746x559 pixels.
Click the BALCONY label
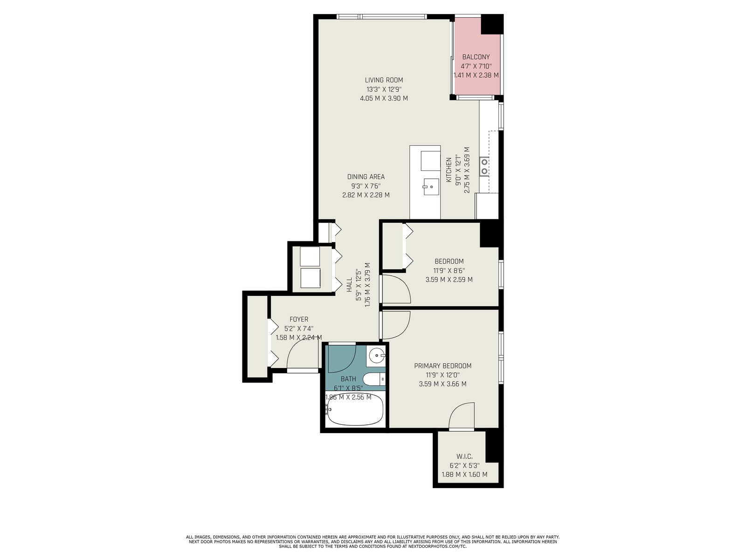click(x=476, y=57)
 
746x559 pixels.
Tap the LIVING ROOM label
click(x=384, y=80)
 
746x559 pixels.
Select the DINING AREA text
click(x=366, y=177)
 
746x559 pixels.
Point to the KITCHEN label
click(x=449, y=170)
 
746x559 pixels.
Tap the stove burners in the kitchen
click(x=484, y=166)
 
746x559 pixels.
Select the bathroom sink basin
click(x=376, y=356)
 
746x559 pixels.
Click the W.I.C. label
click(x=464, y=457)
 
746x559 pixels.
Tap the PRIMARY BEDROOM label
click(x=442, y=366)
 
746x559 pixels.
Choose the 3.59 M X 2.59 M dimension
click(x=449, y=279)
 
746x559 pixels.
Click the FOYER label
click(x=299, y=320)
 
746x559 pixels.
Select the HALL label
click(x=349, y=285)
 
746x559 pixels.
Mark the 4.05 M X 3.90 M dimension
click(x=384, y=98)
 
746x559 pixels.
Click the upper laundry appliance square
click(x=310, y=257)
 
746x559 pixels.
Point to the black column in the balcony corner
click(x=491, y=24)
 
